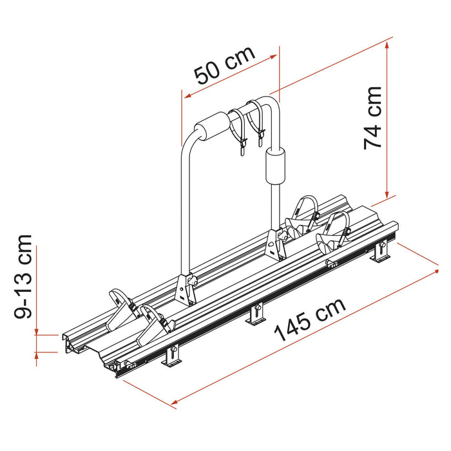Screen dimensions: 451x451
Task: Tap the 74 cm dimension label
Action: [373, 118]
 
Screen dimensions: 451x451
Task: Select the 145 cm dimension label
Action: [310, 320]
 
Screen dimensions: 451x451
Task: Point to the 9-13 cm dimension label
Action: [23, 276]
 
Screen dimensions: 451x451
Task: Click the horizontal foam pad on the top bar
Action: [212, 126]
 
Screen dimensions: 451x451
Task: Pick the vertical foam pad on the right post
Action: [275, 166]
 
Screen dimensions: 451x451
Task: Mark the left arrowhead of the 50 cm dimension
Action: [187, 96]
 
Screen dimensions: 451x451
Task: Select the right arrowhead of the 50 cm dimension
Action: [273, 57]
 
